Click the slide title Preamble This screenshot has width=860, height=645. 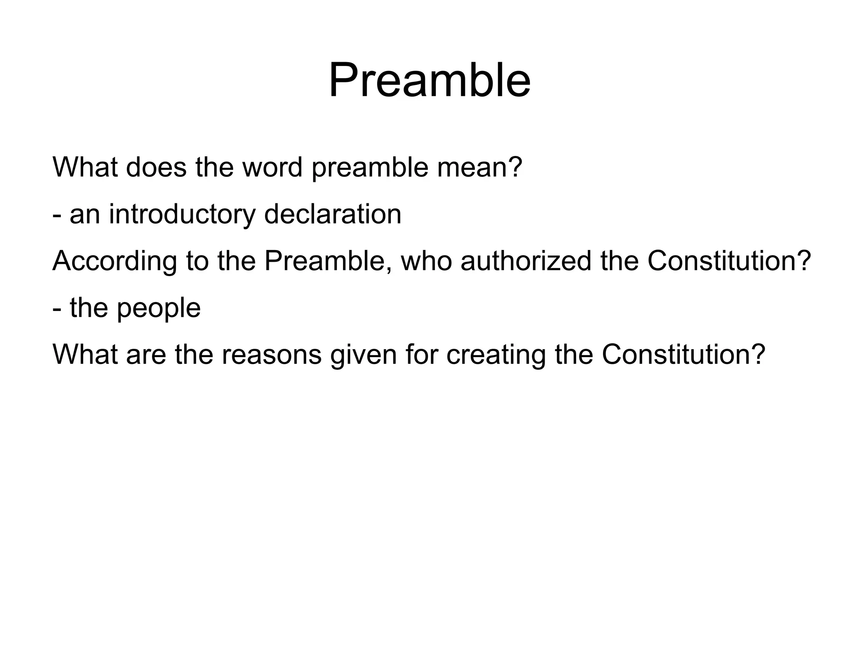point(429,80)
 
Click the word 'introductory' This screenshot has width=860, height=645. point(182,214)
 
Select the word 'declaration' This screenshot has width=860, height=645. point(333,214)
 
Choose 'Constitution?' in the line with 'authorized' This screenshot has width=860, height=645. point(729,261)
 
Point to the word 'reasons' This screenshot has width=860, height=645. point(272,355)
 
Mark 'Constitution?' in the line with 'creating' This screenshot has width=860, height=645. point(683,355)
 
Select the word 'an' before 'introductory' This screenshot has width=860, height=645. point(85,214)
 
